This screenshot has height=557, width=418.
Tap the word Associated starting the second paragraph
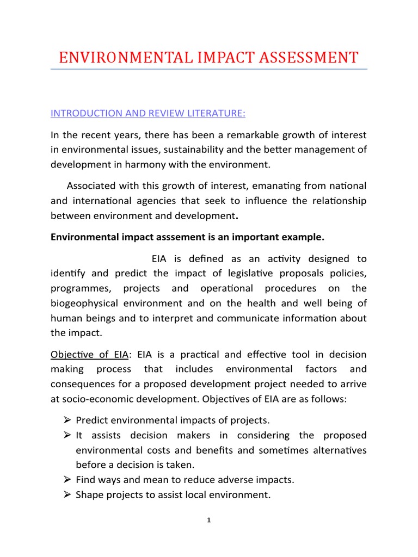click(x=94, y=186)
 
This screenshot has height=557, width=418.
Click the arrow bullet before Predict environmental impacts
click(x=67, y=420)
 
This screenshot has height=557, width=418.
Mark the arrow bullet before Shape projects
click(x=67, y=495)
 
